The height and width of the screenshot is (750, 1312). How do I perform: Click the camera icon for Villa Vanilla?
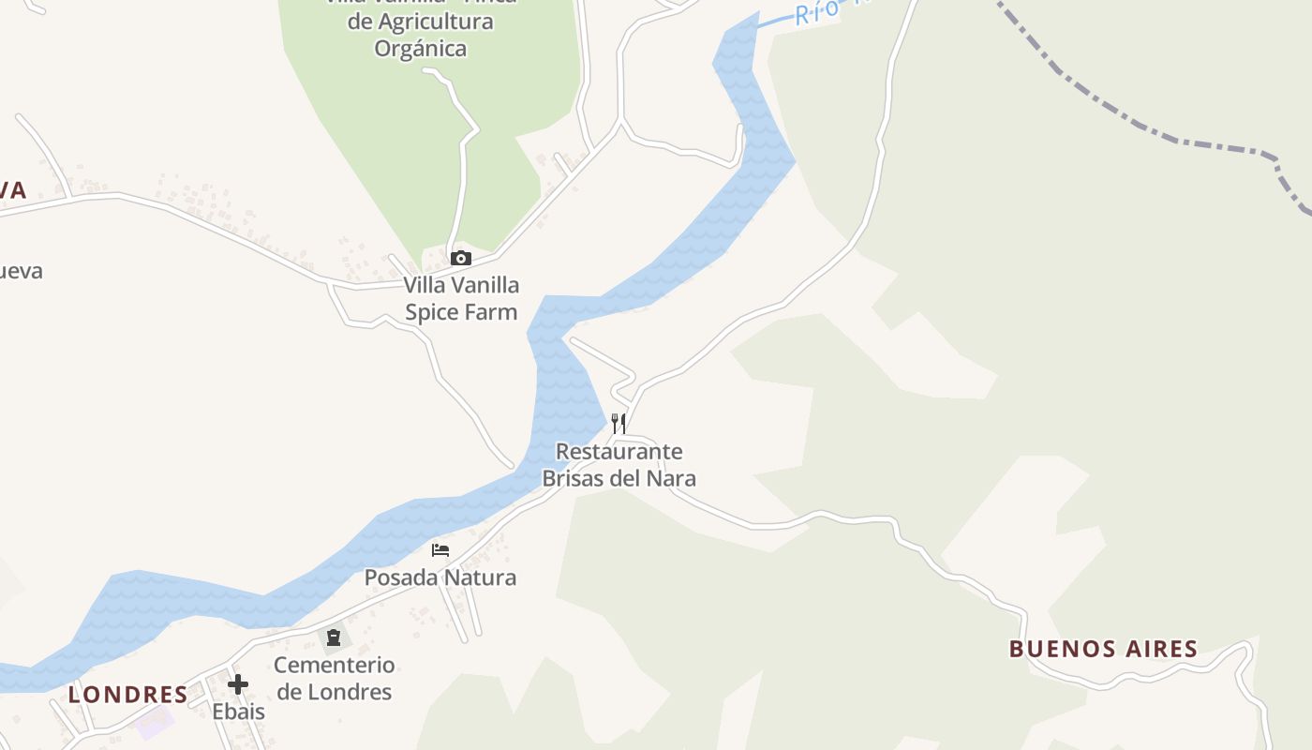(460, 258)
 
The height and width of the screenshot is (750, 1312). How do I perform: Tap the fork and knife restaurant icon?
(618, 423)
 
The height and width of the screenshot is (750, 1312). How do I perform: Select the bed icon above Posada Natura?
(440, 549)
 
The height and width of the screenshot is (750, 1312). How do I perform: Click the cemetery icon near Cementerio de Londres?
(334, 637)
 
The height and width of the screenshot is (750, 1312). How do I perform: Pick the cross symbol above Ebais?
(238, 683)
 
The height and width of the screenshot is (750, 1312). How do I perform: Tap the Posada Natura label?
(440, 577)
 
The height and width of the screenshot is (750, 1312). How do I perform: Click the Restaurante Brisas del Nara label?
(619, 465)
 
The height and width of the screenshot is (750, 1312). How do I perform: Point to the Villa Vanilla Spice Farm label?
(461, 298)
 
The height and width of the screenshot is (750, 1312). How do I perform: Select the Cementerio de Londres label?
(334, 679)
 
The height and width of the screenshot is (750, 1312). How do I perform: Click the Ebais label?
(238, 712)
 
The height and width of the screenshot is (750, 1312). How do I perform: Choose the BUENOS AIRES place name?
(1103, 649)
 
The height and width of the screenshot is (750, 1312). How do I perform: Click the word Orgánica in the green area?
(421, 48)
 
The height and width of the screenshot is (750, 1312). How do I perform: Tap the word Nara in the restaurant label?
(670, 478)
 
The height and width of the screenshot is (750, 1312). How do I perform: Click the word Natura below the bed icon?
(480, 577)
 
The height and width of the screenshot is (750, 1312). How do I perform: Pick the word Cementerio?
(334, 665)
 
